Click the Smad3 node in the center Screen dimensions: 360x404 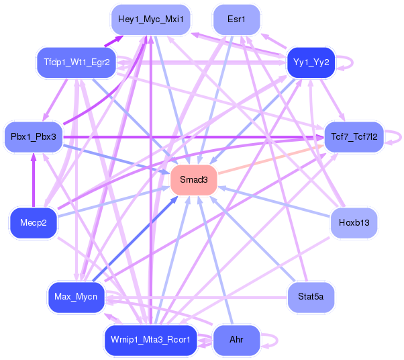[193, 180]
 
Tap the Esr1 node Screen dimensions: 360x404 [236, 19]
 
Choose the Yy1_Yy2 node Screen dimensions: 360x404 [311, 62]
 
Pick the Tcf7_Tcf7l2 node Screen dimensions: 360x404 [354, 136]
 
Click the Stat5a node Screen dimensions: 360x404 [311, 296]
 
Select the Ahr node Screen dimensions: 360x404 [236, 340]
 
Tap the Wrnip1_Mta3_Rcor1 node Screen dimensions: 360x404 [151, 340]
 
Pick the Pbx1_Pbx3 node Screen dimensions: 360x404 [33, 136]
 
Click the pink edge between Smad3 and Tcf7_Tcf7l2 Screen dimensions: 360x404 [268, 162]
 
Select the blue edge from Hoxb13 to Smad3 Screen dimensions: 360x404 [275, 202]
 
